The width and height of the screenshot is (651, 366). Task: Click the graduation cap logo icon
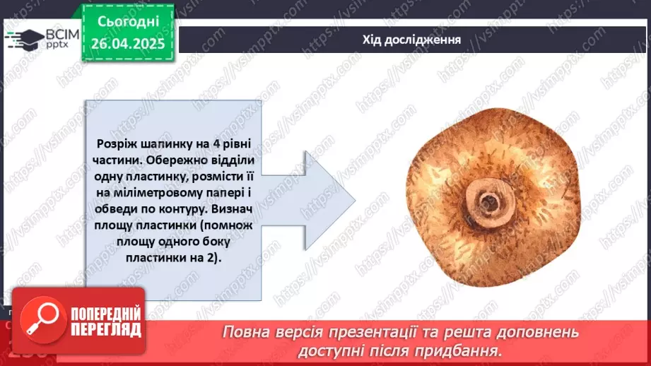23,39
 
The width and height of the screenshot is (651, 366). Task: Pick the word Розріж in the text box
117,143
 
